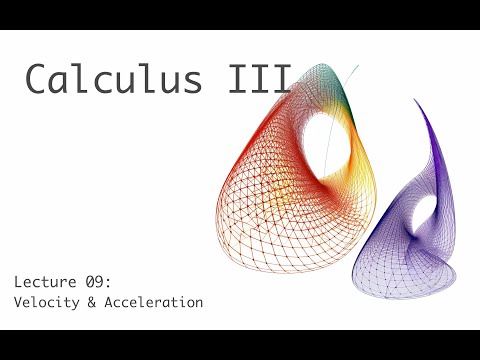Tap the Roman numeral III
tap(262, 79)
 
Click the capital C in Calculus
tap(38, 79)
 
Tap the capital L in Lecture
tap(18, 281)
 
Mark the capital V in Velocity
tap(18, 302)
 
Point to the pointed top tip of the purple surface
tap(417, 100)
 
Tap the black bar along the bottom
tap(240, 345)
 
